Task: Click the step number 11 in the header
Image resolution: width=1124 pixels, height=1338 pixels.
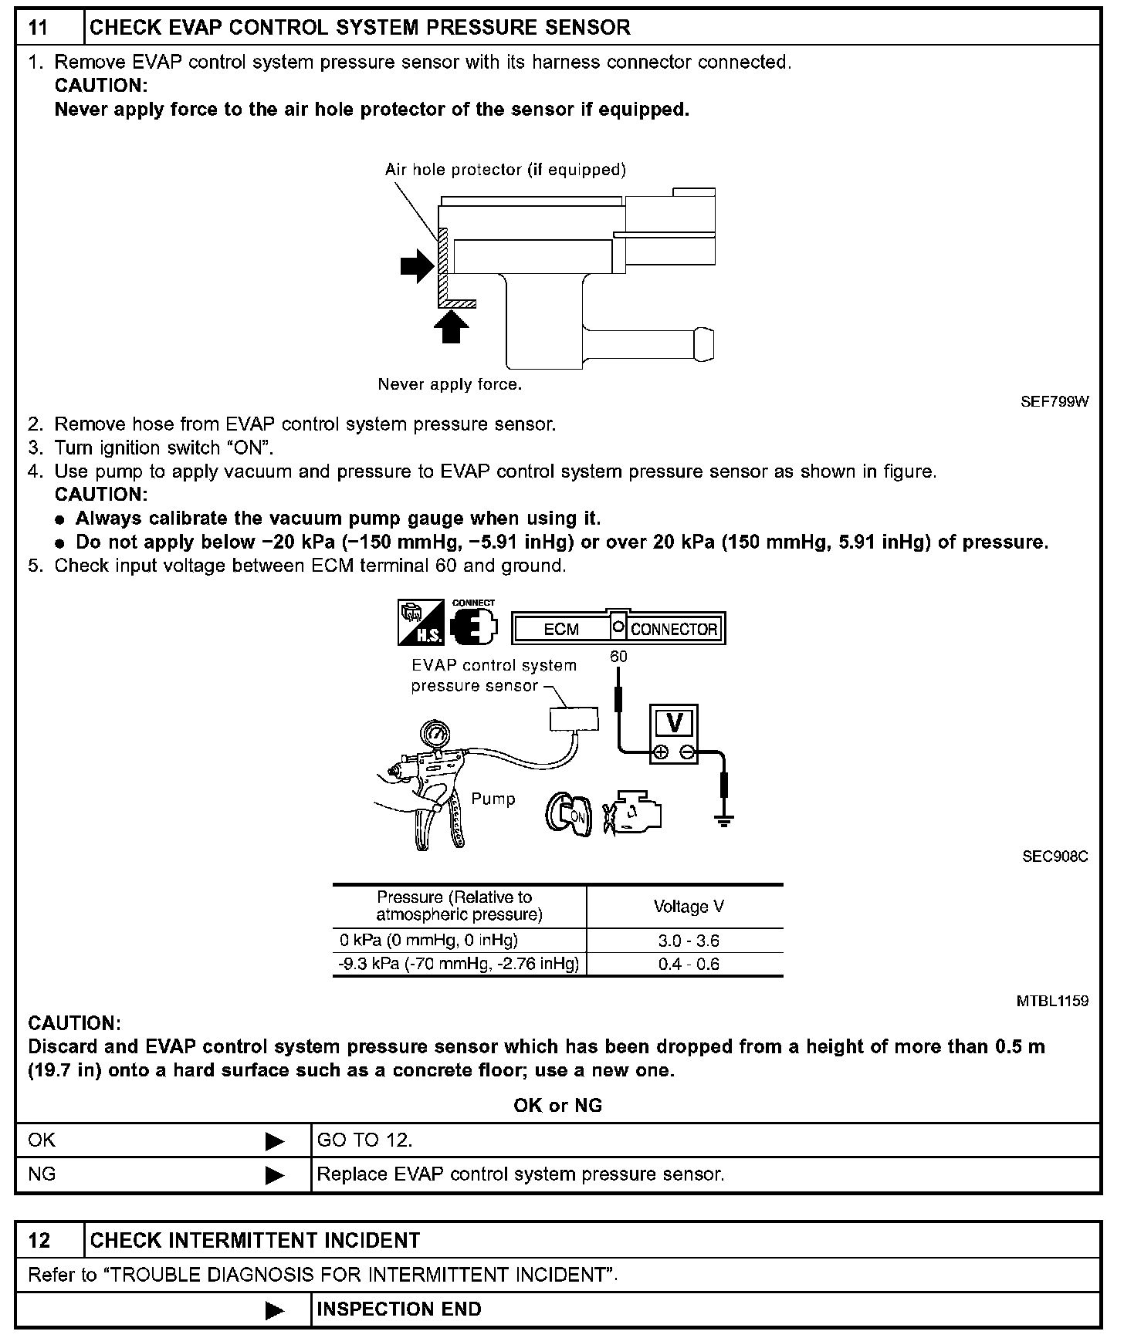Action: (39, 28)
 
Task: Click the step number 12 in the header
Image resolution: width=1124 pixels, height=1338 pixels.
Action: (39, 1240)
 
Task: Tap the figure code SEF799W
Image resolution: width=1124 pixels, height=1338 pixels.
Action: (1055, 401)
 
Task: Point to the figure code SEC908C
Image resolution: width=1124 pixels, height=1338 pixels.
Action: (1055, 857)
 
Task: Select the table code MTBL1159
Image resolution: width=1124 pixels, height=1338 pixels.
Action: (1052, 1001)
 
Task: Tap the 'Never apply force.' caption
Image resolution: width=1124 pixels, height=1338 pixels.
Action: (449, 384)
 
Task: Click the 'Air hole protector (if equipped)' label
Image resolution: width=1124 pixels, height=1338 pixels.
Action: (505, 170)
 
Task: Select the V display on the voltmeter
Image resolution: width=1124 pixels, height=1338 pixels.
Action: (675, 723)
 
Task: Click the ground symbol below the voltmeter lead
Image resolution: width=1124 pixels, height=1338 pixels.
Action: (724, 821)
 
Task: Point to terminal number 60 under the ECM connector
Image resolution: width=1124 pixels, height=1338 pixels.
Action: (618, 657)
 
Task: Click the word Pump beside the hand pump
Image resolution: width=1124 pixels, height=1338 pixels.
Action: (493, 799)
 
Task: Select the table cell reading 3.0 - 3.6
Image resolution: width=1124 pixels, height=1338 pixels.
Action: (688, 941)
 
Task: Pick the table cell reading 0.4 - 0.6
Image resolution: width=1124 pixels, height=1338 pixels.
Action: (688, 965)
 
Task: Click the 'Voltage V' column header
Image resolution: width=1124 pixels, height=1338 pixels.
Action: (688, 907)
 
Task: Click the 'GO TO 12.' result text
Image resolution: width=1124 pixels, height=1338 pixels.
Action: (364, 1140)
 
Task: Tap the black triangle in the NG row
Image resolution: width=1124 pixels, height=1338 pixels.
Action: (275, 1175)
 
